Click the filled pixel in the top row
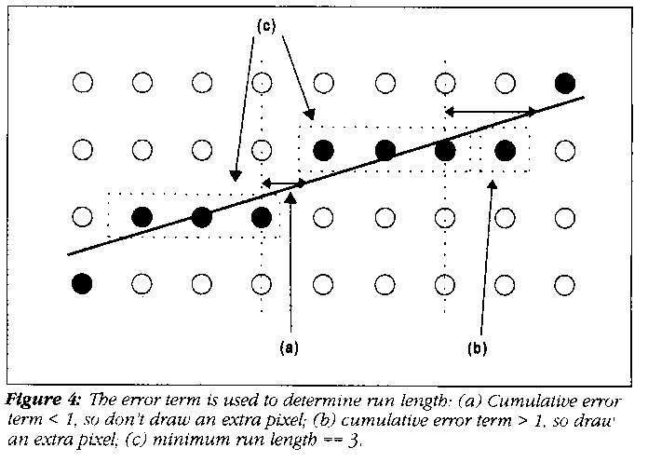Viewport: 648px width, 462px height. tap(564, 83)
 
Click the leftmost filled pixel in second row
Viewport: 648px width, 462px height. tap(323, 149)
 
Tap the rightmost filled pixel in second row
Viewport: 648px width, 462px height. tap(505, 149)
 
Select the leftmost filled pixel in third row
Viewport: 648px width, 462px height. tap(142, 217)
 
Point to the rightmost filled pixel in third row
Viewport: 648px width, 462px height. tap(263, 217)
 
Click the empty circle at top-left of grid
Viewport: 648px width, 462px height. tap(82, 83)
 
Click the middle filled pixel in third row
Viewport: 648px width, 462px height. tap(202, 217)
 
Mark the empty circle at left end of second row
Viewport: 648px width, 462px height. tap(82, 149)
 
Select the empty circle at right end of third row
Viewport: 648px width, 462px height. tap(564, 217)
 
